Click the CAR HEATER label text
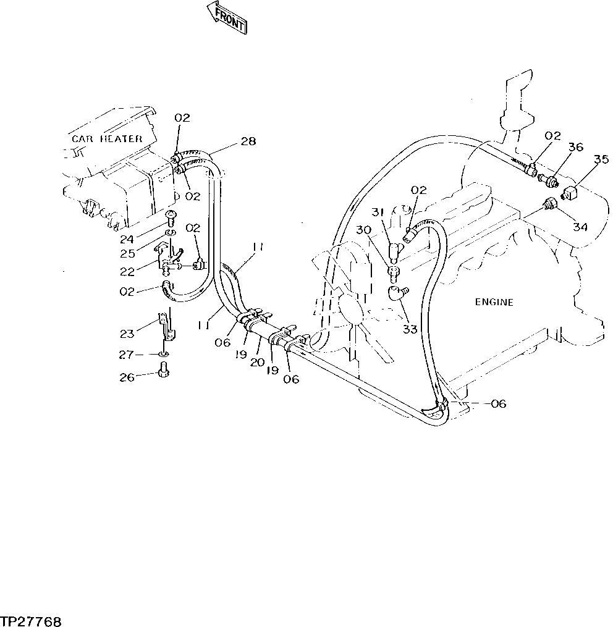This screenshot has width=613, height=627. coord(106,139)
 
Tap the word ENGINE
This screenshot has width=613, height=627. coord(494,302)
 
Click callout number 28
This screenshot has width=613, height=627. coord(248,142)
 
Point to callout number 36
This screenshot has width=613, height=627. coord(575,148)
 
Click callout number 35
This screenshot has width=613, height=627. coord(600,159)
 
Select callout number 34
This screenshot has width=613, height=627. coord(579,227)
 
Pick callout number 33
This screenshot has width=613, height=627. coord(410,329)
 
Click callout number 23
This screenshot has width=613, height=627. coord(127,334)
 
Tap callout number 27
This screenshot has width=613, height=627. coord(127,355)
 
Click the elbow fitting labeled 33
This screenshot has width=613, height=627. coord(396,293)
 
